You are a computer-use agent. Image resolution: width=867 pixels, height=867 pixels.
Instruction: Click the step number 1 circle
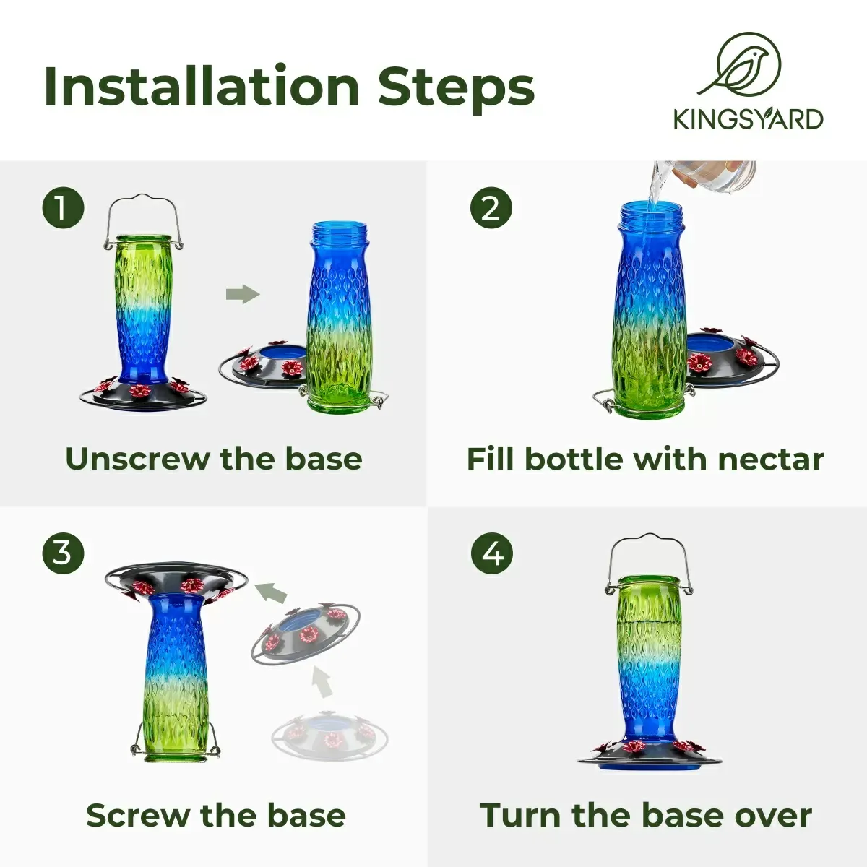coord(64,209)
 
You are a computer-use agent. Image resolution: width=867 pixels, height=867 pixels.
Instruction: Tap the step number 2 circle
coord(491,209)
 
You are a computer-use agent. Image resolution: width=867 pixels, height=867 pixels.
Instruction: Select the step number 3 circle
coord(64,553)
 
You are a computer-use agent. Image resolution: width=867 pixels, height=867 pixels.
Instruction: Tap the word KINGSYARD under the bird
coord(749,120)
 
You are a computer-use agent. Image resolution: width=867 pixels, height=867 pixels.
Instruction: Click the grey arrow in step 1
coord(243,294)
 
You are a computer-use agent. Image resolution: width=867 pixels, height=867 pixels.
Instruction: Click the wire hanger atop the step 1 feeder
coord(144,220)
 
